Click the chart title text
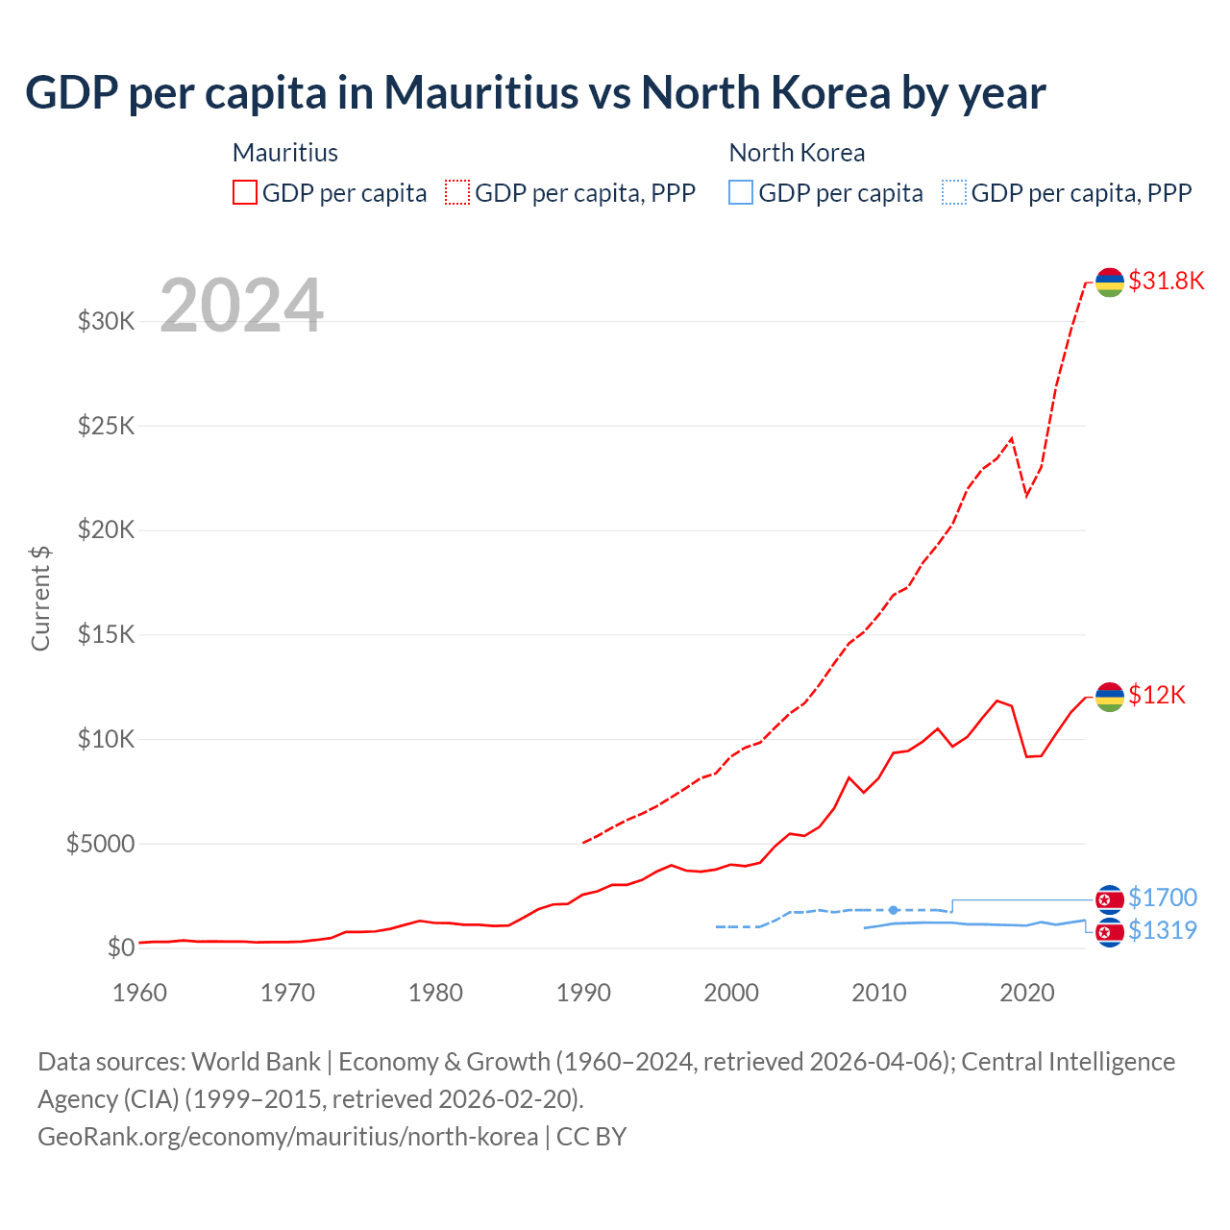pos(535,93)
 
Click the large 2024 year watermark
pos(241,307)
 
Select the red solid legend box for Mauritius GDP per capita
pos(245,192)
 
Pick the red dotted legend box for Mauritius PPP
pos(457,192)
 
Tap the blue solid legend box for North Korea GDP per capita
pos(741,192)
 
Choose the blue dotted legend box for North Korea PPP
pos(953,192)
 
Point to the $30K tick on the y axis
pos(107,321)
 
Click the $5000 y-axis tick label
pos(100,844)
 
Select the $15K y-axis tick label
pos(107,634)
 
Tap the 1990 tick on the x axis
pos(583,993)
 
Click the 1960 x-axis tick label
pos(140,993)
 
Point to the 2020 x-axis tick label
pos(1027,993)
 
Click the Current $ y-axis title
pos(40,598)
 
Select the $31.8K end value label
pos(1166,281)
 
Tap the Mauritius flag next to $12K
pos(1110,696)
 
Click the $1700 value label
pos(1163,898)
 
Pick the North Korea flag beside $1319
pos(1110,932)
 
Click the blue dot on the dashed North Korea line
pos(894,909)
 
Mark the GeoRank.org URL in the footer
pos(287,1136)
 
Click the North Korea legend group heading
pos(797,153)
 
